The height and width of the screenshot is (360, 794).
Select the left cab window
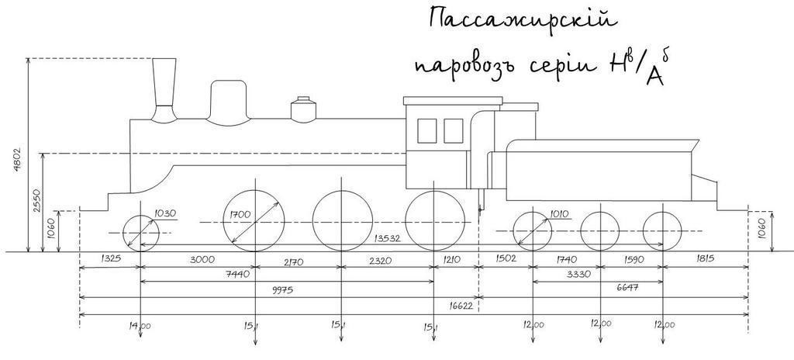click(427, 130)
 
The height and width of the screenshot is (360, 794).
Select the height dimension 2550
click(36, 202)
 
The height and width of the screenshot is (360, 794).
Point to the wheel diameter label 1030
click(165, 214)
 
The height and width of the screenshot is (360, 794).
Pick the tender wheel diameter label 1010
click(560, 214)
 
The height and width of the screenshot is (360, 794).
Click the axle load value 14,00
click(140, 326)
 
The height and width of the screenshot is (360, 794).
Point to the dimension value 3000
click(199, 261)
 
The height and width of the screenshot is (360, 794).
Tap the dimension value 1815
click(705, 260)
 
